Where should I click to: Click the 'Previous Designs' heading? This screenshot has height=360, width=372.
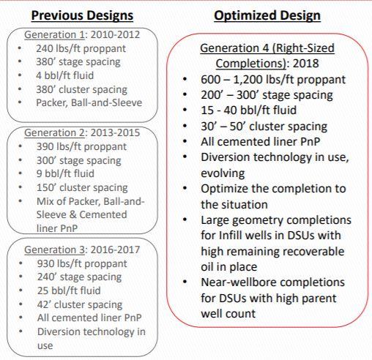tap(82, 15)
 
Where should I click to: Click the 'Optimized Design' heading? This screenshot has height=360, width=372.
tap(267, 16)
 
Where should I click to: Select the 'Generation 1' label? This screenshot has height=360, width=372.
tap(54, 34)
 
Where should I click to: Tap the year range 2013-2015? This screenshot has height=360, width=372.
tap(115, 133)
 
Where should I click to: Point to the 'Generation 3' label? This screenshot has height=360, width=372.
tap(54, 250)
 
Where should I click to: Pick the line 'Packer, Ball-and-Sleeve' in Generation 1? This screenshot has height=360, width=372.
tap(89, 102)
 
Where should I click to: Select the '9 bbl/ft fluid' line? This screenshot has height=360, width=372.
tap(65, 173)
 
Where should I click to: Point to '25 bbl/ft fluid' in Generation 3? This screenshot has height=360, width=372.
tap(69, 290)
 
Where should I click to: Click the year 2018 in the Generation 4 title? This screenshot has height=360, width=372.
tap(306, 64)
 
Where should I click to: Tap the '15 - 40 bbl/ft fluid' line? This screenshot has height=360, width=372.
tap(249, 110)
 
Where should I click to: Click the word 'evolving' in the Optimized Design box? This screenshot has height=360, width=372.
tap(223, 173)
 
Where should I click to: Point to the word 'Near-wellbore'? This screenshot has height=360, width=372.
tap(239, 282)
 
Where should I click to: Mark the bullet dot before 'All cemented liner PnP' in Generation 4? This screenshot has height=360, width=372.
tap(185, 142)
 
